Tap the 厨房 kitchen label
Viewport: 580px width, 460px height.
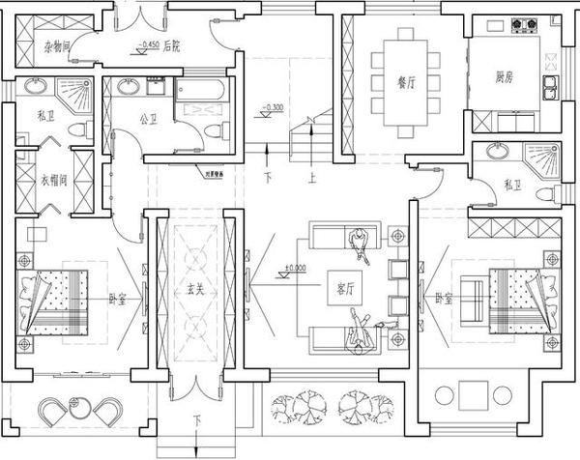point(504,76)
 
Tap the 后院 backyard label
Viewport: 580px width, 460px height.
point(172,45)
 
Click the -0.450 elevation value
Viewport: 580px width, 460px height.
point(148,45)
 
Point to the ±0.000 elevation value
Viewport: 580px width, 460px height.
point(295,268)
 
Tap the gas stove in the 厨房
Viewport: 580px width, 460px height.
point(528,22)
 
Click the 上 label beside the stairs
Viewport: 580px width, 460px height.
point(311,177)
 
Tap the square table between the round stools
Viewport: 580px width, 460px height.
point(474,394)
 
